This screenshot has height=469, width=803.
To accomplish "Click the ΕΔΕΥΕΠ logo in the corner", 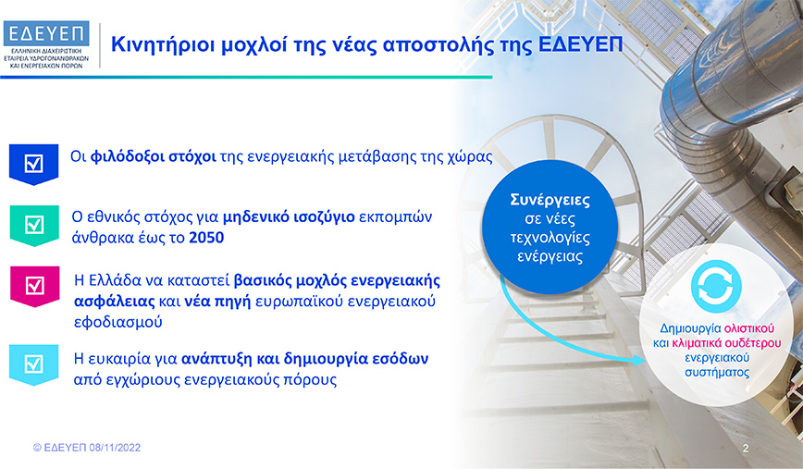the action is [46, 44].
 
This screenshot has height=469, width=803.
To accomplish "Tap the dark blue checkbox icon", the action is [34, 165].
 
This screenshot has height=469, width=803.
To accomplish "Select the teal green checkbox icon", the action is [34, 226].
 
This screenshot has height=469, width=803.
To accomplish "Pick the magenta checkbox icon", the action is [35, 286].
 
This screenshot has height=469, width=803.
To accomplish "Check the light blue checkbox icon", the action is [34, 364].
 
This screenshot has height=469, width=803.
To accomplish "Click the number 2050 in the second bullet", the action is [206, 238].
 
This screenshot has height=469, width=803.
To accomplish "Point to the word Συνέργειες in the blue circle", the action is [550, 200].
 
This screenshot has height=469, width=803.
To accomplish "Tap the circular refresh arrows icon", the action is [716, 286].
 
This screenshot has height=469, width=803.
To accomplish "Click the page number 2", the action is [746, 449].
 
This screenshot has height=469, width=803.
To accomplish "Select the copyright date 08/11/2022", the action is [115, 448].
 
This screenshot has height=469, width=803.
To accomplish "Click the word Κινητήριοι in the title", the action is [163, 45].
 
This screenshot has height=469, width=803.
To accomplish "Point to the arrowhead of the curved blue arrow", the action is [640, 361].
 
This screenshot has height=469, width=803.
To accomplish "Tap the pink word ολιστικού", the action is [749, 328].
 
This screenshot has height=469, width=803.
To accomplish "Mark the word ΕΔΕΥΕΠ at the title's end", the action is [580, 44].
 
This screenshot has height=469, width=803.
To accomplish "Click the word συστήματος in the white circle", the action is [717, 372].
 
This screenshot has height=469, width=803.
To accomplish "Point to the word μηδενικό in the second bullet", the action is [255, 217].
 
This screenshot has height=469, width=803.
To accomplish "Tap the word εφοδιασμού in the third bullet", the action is [118, 323].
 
